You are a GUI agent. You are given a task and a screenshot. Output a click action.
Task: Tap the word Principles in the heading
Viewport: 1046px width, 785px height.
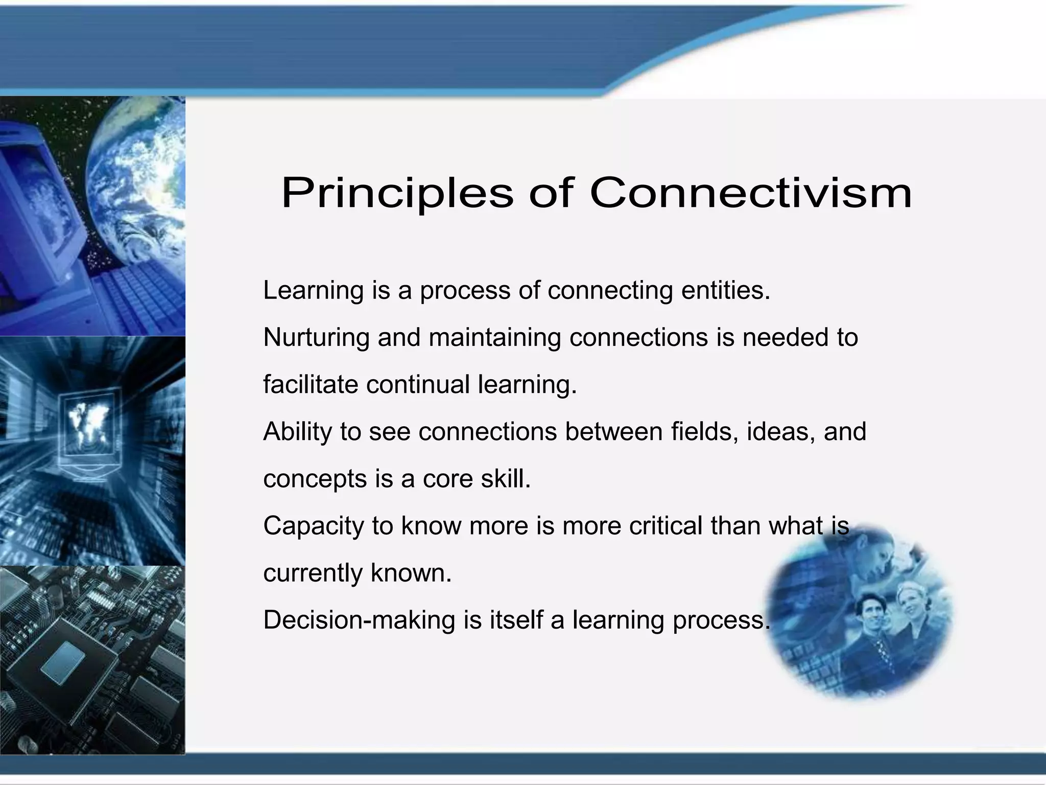point(397,194)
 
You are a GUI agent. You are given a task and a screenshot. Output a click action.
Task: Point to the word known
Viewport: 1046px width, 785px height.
point(411,573)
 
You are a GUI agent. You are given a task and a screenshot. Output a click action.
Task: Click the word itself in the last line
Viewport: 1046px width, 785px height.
point(516,620)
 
